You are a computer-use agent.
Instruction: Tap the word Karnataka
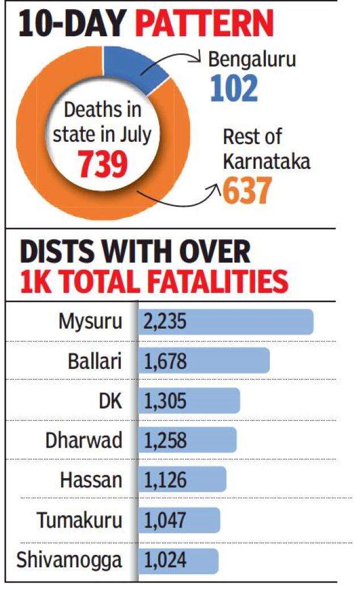pos(265,162)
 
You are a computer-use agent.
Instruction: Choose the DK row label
pos(110,401)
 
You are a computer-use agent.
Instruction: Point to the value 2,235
pos(166,322)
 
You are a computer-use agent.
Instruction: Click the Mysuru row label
pos(90,322)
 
